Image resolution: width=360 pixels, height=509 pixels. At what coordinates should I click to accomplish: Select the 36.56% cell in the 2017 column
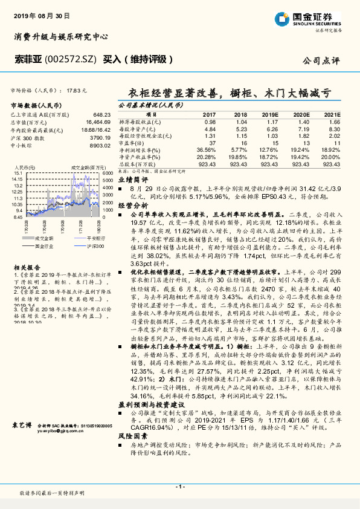(207, 149)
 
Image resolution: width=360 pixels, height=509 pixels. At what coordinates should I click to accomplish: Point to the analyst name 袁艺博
(22, 426)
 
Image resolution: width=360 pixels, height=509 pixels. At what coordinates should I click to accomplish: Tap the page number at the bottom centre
(180, 487)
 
